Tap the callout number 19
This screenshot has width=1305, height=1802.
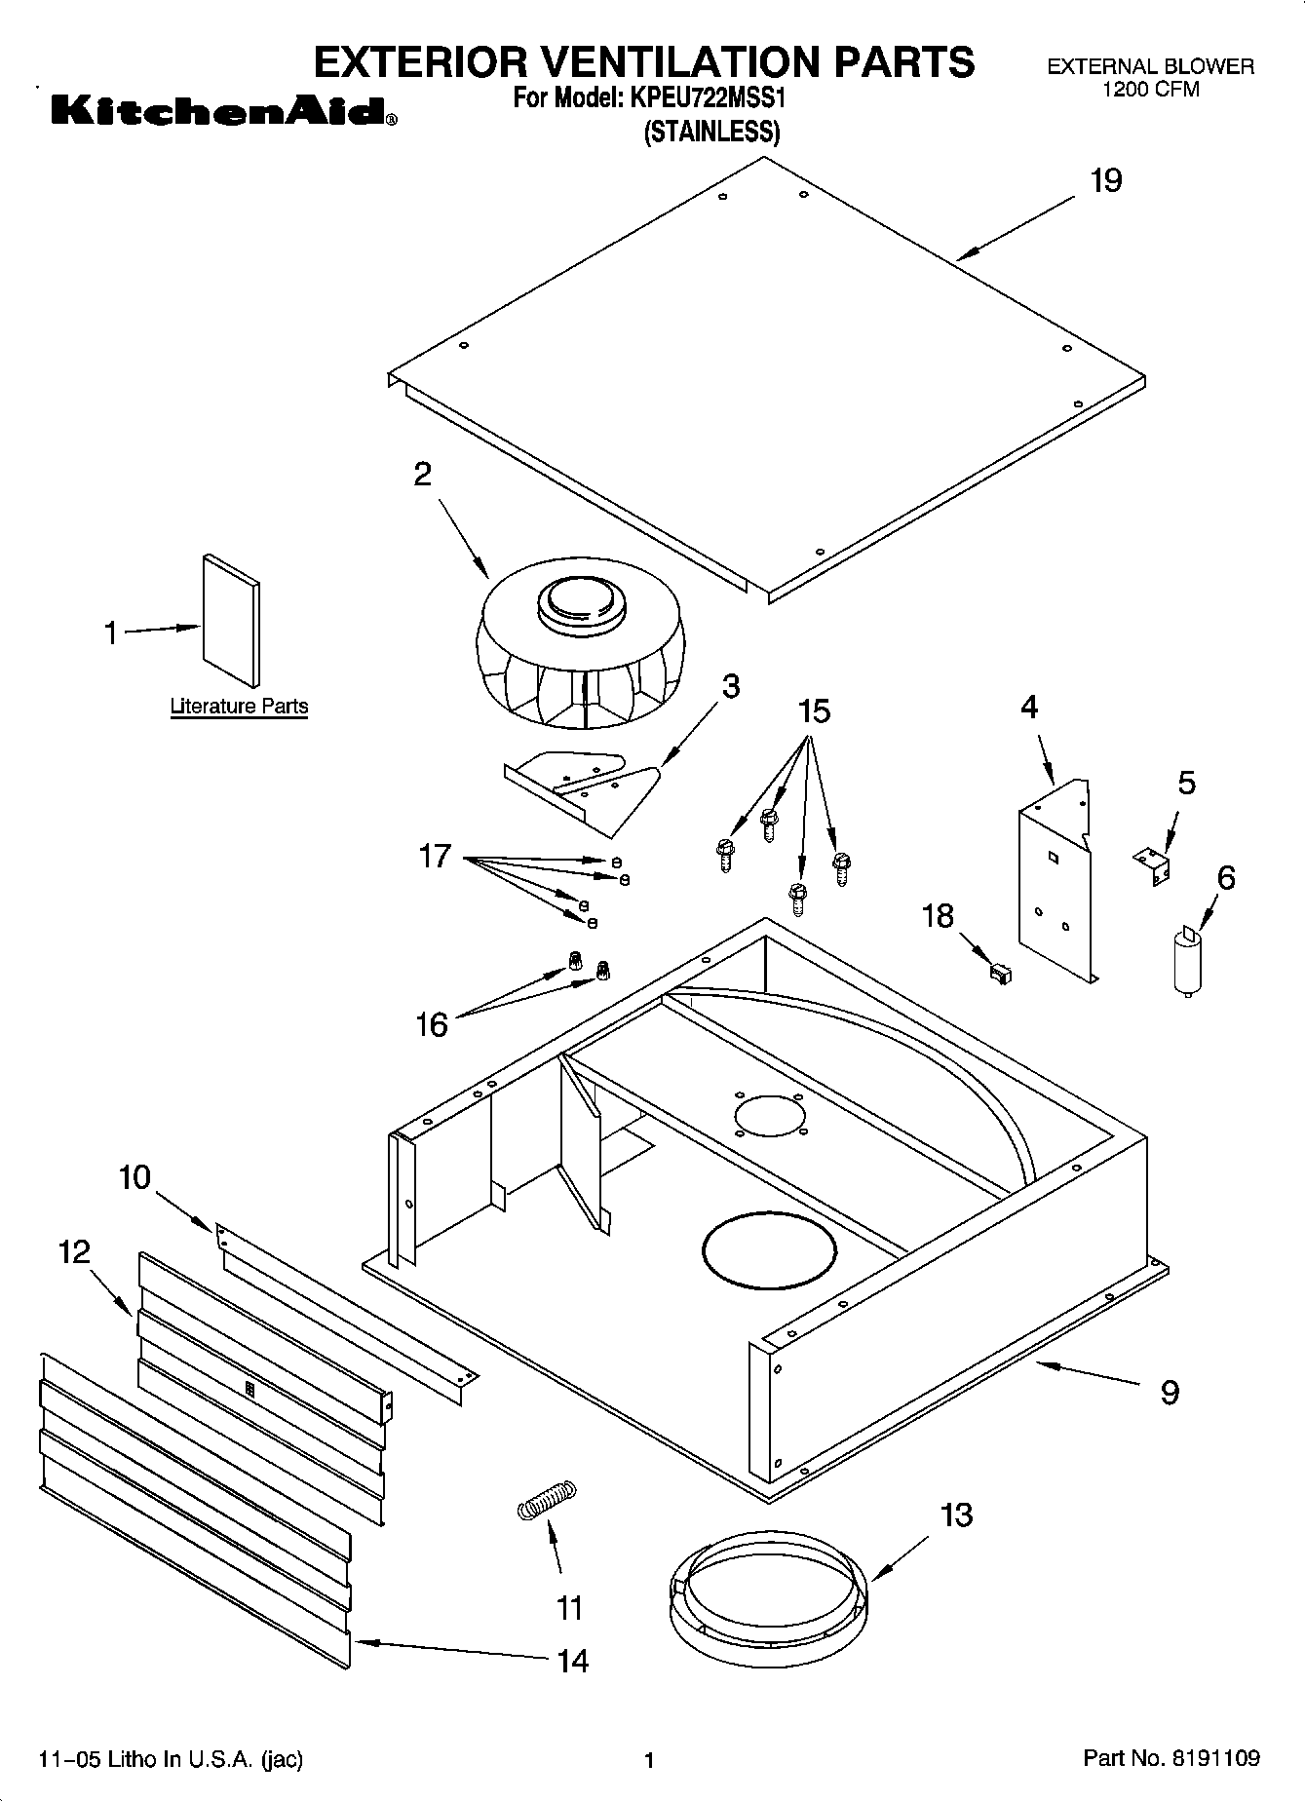click(x=1105, y=181)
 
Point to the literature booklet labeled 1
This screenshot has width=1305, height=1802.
click(x=231, y=622)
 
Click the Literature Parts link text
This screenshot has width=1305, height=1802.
click(x=239, y=707)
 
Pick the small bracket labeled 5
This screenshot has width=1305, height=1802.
click(x=1153, y=864)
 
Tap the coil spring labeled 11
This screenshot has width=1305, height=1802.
click(x=547, y=1499)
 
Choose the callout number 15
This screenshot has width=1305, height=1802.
click(x=814, y=712)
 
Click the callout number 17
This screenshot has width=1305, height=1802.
click(x=435, y=857)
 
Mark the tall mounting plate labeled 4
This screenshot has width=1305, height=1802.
click(x=1056, y=882)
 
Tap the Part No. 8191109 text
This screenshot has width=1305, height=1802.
click(x=1171, y=1759)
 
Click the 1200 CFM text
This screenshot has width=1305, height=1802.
click(x=1150, y=90)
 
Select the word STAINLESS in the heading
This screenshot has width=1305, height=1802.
click(x=712, y=132)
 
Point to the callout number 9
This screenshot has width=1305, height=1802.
click(x=1170, y=1393)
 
